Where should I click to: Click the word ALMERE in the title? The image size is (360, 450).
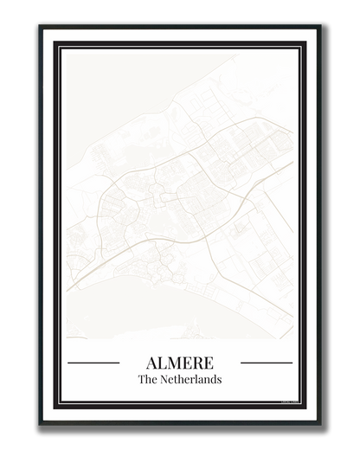click(180, 362)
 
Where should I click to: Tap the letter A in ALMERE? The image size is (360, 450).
click(150, 362)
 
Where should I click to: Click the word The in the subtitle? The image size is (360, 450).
click(146, 379)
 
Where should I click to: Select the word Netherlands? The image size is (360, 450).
click(190, 379)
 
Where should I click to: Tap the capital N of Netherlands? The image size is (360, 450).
click(163, 379)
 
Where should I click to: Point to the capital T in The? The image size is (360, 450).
click(141, 379)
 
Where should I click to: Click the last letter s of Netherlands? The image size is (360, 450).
click(220, 379)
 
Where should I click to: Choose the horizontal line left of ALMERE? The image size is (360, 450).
click(93, 363)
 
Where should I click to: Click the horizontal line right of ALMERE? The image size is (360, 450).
click(267, 363)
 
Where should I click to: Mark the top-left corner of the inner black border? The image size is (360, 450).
click(56, 42)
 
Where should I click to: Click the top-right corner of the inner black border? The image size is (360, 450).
click(303, 42)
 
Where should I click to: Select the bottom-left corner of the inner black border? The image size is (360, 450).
click(56, 406)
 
